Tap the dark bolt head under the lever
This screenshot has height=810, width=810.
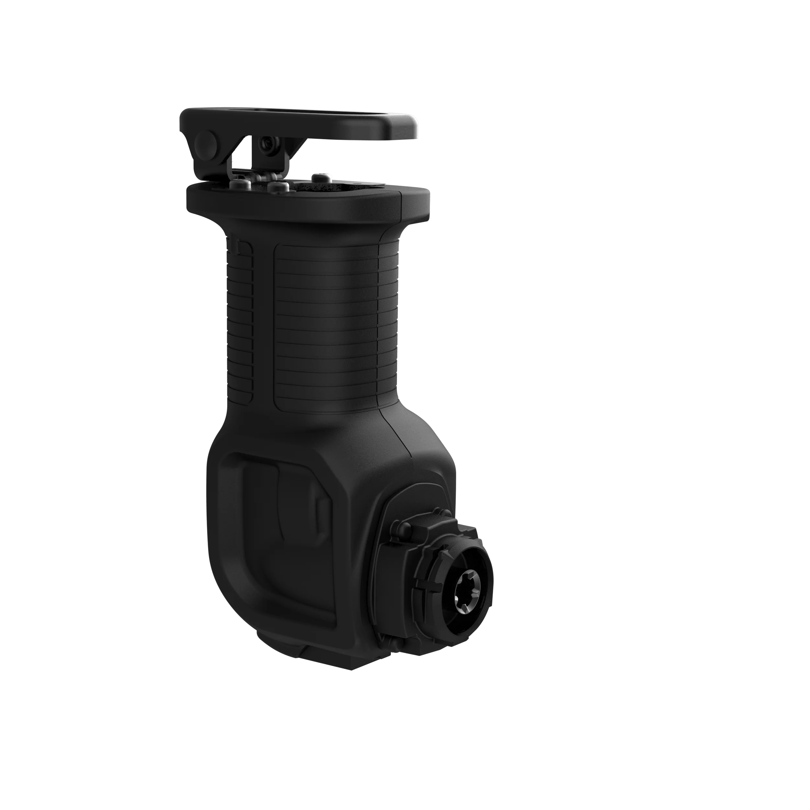[267, 144]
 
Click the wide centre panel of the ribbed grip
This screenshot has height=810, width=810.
[325, 327]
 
